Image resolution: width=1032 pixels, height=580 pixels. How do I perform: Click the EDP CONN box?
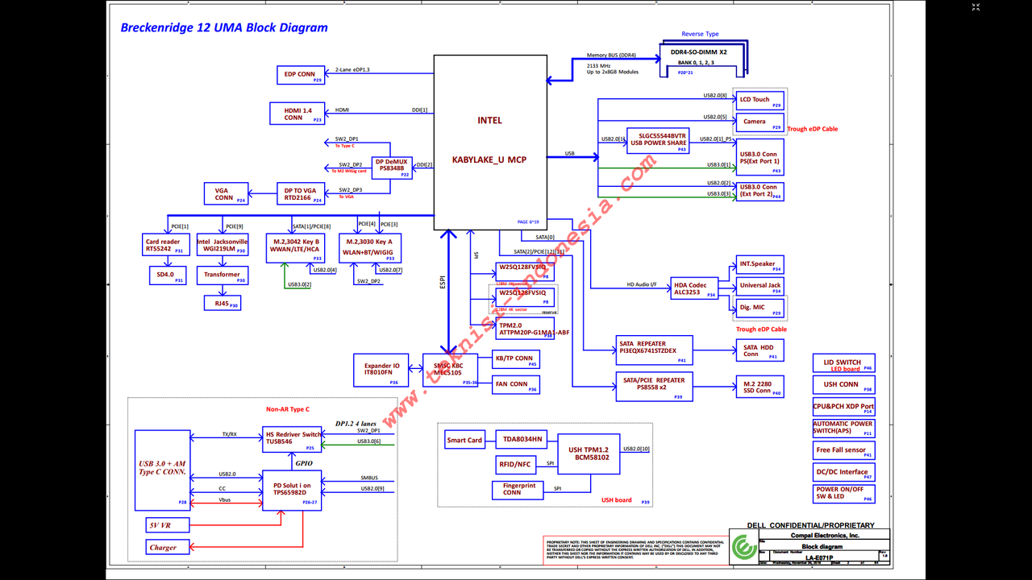coord(301,75)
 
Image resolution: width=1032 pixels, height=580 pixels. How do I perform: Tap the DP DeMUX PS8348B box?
coord(393,165)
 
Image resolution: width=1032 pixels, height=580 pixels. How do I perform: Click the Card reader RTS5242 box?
coord(165,245)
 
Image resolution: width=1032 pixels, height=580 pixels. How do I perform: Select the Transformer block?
coord(223,275)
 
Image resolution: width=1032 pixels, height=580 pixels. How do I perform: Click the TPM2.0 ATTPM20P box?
coord(525,328)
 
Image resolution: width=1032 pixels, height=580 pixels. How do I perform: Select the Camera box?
coord(759,122)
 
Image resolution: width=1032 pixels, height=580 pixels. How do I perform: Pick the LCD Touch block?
coord(759,100)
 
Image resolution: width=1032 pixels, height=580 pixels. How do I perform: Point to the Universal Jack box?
coord(759,285)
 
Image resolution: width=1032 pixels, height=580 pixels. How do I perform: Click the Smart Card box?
coord(464,440)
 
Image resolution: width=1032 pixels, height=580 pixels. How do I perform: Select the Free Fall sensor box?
coord(843,450)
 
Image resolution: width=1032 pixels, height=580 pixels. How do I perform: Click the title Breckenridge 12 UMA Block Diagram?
coord(224,27)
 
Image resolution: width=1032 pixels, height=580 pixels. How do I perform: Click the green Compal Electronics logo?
coord(741,549)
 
